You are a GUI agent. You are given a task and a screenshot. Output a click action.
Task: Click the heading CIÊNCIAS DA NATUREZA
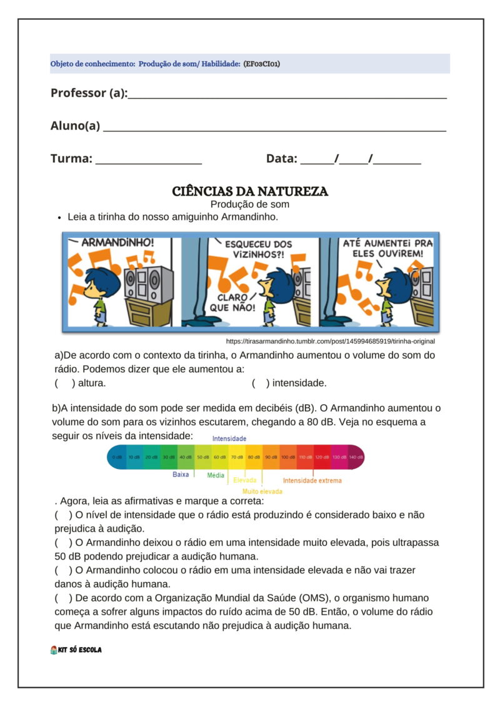tap(250, 191)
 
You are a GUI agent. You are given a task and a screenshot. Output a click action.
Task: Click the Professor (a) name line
tap(287, 96)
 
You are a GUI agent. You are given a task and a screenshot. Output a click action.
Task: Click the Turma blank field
tap(149, 161)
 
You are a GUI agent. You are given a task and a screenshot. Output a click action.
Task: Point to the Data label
tap(281, 159)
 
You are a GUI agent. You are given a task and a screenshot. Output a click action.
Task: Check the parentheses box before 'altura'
tap(64, 383)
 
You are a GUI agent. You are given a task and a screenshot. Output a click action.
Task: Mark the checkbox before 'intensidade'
tap(261, 383)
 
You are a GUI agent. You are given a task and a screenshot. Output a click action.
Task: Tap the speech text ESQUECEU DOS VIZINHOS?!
tap(257, 250)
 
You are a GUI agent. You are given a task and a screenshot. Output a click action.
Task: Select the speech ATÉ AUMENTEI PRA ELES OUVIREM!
tap(387, 248)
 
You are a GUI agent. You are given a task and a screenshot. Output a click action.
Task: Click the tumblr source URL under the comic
tap(330, 342)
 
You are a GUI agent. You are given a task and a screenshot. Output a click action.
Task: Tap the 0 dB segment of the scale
tap(117, 457)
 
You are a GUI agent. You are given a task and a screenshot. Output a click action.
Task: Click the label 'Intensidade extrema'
tap(312, 481)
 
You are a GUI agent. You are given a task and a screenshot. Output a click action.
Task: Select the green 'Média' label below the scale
tap(216, 475)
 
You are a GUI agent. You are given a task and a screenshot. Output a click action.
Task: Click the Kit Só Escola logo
tap(76, 650)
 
